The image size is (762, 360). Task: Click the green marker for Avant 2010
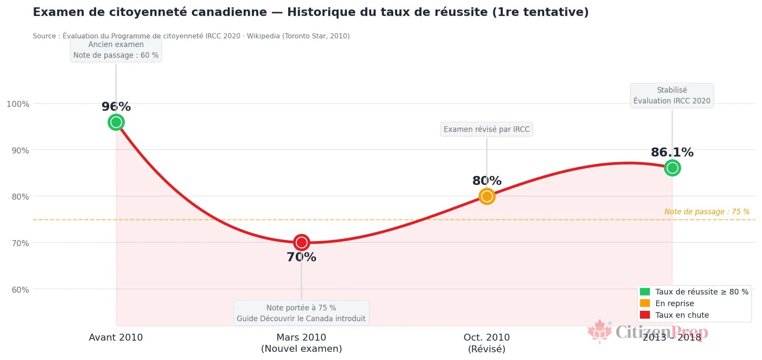pyautogui.click(x=116, y=122)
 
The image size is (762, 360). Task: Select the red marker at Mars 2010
pyautogui.click(x=301, y=242)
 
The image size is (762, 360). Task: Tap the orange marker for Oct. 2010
pyautogui.click(x=487, y=197)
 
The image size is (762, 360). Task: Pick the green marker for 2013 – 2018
pyautogui.click(x=672, y=168)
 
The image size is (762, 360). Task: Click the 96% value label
pyautogui.click(x=116, y=106)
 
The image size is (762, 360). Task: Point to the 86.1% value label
pyautogui.click(x=672, y=152)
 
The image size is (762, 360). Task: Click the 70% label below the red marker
pyautogui.click(x=301, y=257)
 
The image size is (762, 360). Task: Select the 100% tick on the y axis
pyautogui.click(x=18, y=104)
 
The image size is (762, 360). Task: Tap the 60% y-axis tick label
pyautogui.click(x=20, y=290)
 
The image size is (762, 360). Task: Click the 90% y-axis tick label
pyautogui.click(x=20, y=150)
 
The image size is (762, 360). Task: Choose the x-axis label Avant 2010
pyautogui.click(x=116, y=338)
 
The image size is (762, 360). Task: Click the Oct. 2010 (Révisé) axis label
pyautogui.click(x=486, y=343)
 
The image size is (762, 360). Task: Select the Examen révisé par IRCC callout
pyautogui.click(x=486, y=129)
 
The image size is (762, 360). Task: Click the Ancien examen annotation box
pyautogui.click(x=116, y=50)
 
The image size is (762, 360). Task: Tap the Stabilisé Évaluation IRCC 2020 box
pyautogui.click(x=672, y=95)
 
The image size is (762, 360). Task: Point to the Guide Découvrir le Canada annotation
pyautogui.click(x=301, y=313)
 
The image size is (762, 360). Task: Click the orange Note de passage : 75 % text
pyautogui.click(x=706, y=212)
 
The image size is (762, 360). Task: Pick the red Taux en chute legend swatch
pyautogui.click(x=645, y=315)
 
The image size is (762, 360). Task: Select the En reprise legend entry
pyautogui.click(x=674, y=303)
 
